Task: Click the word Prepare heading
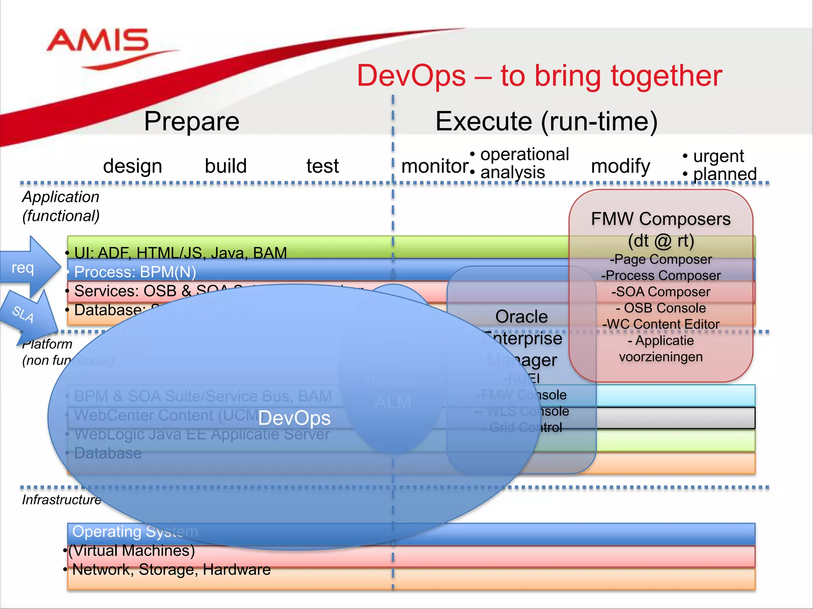coord(191,121)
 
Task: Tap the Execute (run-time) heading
coord(546,121)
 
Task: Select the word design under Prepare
coord(133,166)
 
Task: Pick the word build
coord(225,166)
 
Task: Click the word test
coord(322,166)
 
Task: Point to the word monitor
coord(435,166)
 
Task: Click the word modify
coord(620,166)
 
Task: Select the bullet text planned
coord(724,174)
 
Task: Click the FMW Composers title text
coord(661,219)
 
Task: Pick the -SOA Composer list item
coord(661,292)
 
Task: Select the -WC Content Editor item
coord(661,324)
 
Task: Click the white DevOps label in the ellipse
coord(294,418)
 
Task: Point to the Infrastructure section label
coord(62,500)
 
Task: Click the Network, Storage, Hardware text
coord(171,569)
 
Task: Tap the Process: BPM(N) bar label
coord(135,272)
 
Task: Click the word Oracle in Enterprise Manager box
coord(521,316)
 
